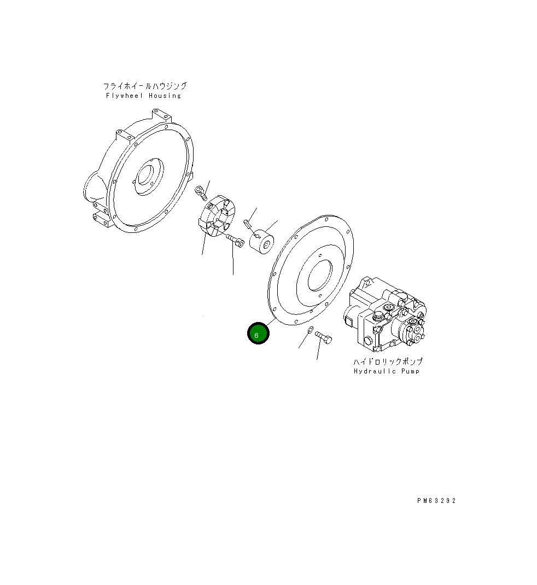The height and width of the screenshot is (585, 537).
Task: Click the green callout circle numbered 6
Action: coord(258,333)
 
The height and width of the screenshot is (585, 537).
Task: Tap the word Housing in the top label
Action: coord(165,96)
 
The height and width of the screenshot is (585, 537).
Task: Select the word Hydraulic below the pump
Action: coord(375,371)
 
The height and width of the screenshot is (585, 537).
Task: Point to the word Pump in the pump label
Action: coord(411,371)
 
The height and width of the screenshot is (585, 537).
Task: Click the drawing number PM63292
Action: coord(436,501)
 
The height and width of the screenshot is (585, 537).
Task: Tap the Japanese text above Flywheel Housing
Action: coord(145,86)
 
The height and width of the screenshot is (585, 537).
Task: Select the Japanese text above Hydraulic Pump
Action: coord(388,361)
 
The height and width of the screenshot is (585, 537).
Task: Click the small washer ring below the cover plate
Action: coord(310,330)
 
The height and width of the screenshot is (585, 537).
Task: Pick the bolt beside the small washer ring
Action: coord(324,337)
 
